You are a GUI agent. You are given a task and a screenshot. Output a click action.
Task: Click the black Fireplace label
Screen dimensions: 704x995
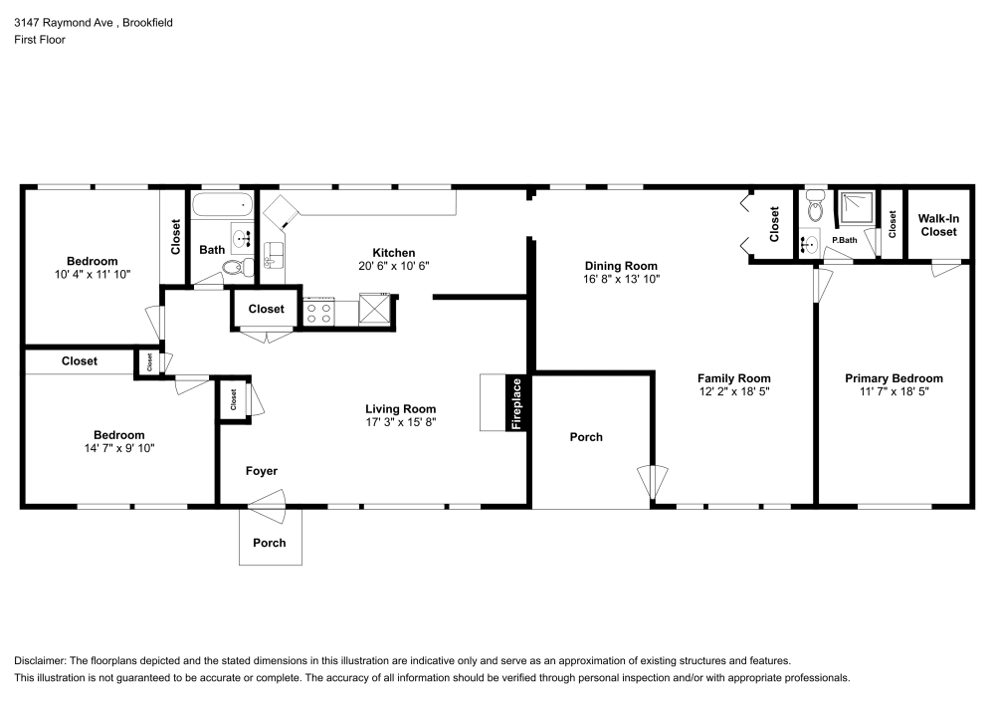(x=516, y=402)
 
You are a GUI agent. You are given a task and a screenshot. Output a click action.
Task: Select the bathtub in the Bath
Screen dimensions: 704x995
(x=222, y=206)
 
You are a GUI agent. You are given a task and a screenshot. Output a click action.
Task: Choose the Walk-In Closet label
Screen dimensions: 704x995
(x=937, y=224)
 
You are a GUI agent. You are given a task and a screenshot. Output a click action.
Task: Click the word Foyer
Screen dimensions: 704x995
(x=262, y=471)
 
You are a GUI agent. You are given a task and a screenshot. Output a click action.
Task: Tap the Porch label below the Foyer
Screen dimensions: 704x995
(x=270, y=543)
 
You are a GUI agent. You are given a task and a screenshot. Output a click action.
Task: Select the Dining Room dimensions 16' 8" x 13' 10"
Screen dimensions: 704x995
(x=621, y=280)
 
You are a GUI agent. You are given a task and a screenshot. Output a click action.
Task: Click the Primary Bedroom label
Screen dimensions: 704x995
(x=894, y=378)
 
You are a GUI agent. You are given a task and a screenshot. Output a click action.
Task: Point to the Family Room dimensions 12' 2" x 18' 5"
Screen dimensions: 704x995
(x=733, y=392)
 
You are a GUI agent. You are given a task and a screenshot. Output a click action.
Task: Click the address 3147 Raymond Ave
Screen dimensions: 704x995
(x=60, y=22)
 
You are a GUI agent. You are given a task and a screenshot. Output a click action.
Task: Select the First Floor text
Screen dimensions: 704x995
(x=40, y=40)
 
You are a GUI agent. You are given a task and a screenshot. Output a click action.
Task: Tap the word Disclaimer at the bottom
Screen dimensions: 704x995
(x=39, y=660)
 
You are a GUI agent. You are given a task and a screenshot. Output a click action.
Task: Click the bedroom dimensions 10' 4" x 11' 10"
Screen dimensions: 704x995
(x=93, y=274)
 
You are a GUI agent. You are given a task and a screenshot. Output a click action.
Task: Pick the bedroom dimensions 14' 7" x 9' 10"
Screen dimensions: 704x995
(x=118, y=449)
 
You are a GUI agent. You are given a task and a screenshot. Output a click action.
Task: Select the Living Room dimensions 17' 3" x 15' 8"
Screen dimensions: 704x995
(x=400, y=422)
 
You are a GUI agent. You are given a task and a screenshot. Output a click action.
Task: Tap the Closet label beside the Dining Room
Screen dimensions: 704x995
(x=774, y=224)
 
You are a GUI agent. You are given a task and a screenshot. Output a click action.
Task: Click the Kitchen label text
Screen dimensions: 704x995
(x=394, y=253)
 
